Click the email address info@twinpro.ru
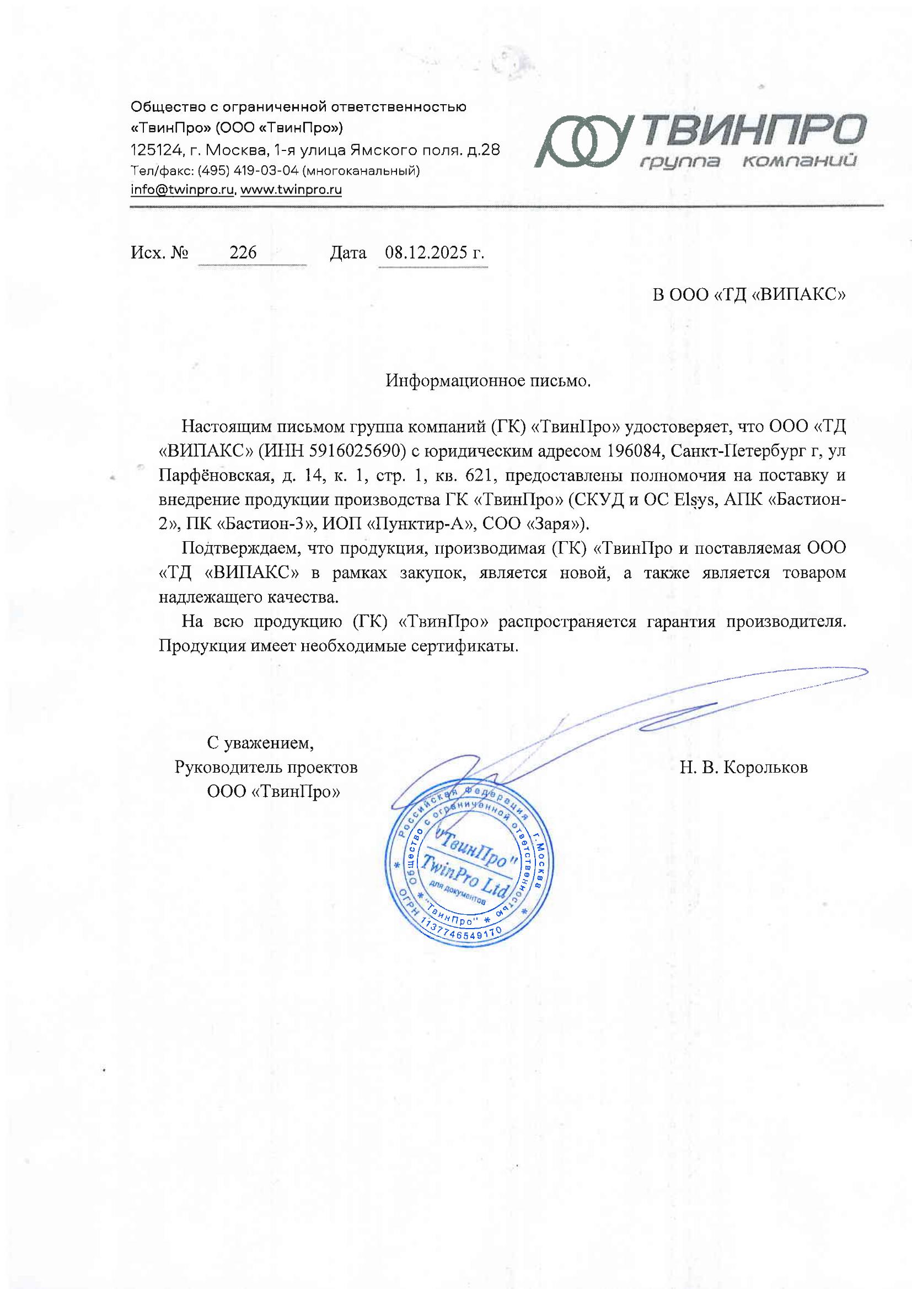click(x=183, y=190)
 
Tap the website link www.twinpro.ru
click(x=291, y=190)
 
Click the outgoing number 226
click(x=243, y=252)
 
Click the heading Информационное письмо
click(x=488, y=381)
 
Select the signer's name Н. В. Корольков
click(x=743, y=767)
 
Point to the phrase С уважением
click(x=260, y=743)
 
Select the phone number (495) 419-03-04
click(x=249, y=170)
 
